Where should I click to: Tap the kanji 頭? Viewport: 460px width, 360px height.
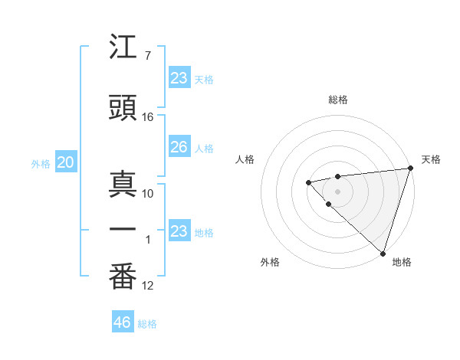click(123, 109)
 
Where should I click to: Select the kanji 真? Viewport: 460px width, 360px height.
click(123, 185)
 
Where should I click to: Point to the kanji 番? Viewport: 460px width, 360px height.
click(123, 277)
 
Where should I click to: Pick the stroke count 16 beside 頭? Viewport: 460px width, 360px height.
click(148, 117)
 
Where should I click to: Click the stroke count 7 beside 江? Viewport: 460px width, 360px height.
click(147, 56)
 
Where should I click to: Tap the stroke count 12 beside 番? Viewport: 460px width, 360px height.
click(148, 286)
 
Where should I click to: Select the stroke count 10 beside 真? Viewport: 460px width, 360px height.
click(148, 194)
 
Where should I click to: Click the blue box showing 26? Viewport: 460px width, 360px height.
click(179, 147)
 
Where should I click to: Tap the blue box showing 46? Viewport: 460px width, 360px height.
click(123, 322)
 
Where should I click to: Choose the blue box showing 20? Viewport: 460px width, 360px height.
click(65, 162)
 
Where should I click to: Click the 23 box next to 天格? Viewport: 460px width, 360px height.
click(179, 78)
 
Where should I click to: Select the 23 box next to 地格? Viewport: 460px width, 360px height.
click(179, 231)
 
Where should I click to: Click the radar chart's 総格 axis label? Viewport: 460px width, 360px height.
click(337, 100)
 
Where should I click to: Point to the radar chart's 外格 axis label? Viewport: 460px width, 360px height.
click(270, 262)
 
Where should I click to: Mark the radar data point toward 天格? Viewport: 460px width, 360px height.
click(409, 168)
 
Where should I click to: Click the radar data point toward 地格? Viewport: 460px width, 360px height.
click(382, 252)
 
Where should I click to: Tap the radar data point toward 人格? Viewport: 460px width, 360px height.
click(308, 182)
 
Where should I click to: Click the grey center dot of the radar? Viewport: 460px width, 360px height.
click(337, 191)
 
